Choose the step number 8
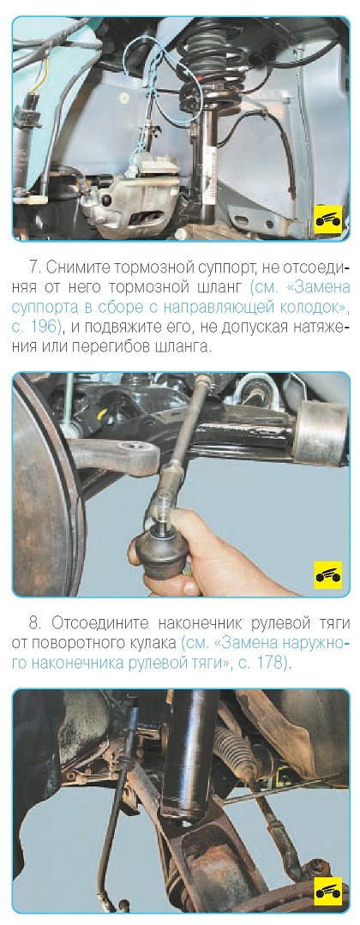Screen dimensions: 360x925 point(33,623)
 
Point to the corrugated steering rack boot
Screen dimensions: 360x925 point(236,748)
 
